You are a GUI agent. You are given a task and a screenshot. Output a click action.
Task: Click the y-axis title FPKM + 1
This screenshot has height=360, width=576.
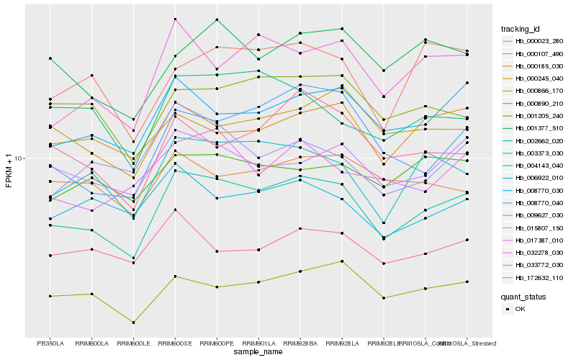[x=9, y=171]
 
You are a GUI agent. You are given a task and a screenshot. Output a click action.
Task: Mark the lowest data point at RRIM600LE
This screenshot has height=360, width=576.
[x=133, y=323]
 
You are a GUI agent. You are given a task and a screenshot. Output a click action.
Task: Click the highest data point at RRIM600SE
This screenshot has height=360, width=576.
[x=175, y=19]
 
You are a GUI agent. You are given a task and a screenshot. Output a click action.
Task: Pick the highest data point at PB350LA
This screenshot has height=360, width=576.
[x=50, y=58]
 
